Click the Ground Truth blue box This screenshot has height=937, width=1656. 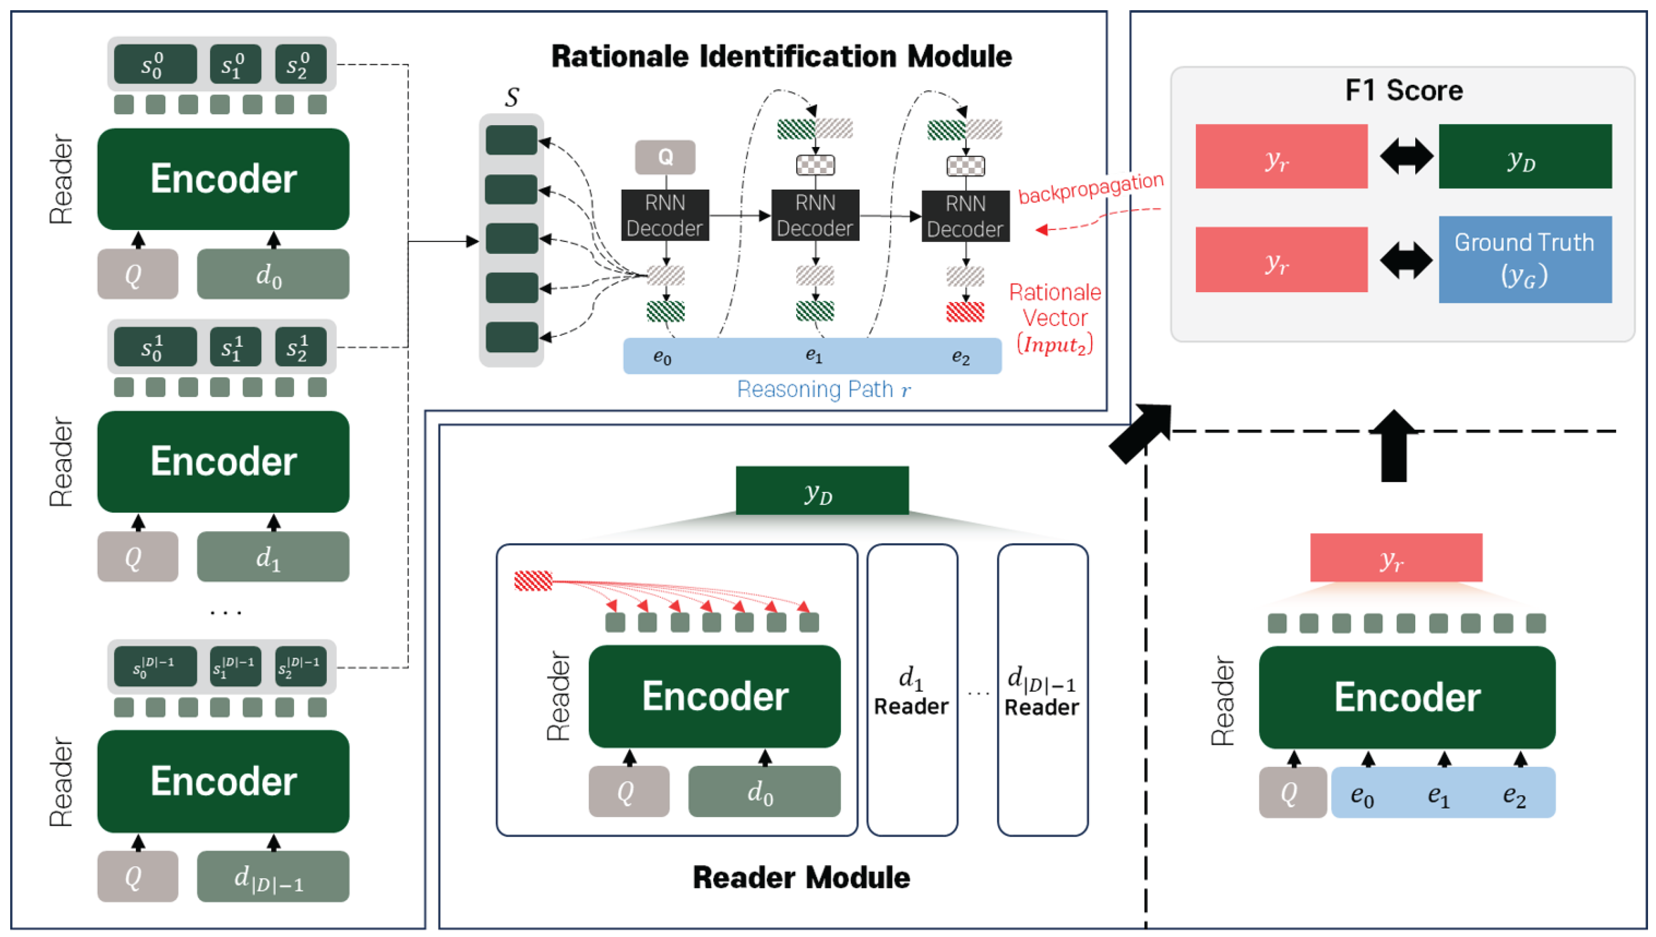click(x=1524, y=259)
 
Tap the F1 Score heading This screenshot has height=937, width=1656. click(x=1403, y=90)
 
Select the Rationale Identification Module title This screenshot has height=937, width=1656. click(x=781, y=57)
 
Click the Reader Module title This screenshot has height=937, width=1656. click(x=800, y=878)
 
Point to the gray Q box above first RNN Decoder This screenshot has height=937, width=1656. click(x=665, y=157)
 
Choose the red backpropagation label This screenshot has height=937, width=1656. click(x=1090, y=188)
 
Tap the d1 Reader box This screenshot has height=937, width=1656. click(x=912, y=690)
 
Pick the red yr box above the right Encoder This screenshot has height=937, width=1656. click(x=1395, y=558)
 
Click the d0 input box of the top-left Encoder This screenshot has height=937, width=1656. click(x=272, y=274)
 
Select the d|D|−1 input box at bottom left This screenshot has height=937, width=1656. click(x=272, y=877)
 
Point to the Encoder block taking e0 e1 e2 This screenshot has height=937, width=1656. click(x=1406, y=697)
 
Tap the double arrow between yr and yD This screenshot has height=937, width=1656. click(x=1405, y=156)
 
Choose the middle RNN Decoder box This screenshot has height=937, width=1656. click(x=815, y=215)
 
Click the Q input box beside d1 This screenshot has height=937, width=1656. click(x=137, y=557)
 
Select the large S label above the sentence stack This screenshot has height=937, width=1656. click(x=512, y=98)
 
